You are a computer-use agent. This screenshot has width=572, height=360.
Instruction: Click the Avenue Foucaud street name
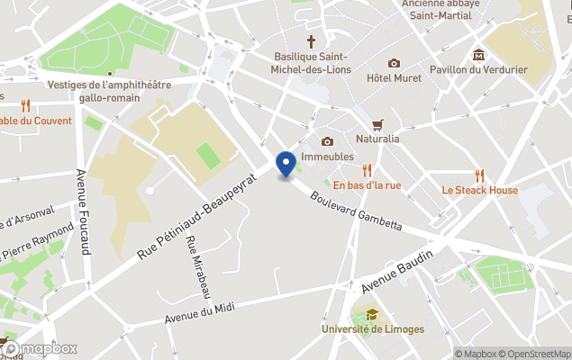coord(83,211)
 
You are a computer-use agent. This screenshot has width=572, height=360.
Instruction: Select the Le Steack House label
coord(479,190)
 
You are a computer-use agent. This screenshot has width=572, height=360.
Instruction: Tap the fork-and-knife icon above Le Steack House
coord(480,175)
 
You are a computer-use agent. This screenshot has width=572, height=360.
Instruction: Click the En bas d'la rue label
coord(367,185)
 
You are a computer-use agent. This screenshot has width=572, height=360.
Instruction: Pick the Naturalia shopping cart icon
coord(377,125)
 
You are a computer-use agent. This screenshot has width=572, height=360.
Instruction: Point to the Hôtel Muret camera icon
coord(394,63)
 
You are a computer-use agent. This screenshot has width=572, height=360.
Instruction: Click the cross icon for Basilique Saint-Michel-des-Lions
coord(312,41)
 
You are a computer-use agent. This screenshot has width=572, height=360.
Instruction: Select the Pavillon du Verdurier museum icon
coord(478,55)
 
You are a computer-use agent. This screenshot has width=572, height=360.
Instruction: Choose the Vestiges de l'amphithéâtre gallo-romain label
coord(109,90)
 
